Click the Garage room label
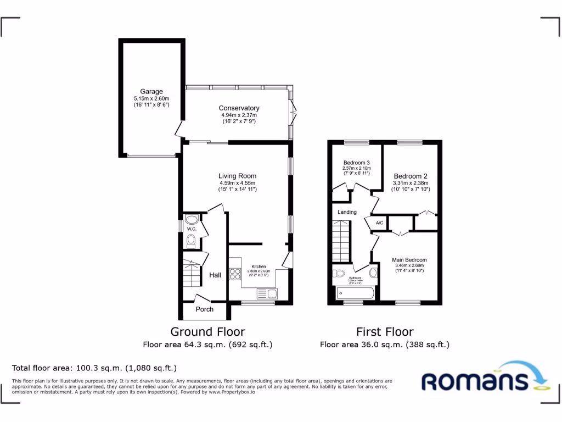(151, 92)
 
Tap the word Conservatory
(239, 108)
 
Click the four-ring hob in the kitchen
(235, 273)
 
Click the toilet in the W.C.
(191, 240)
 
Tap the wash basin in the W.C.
(190, 219)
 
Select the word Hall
(215, 275)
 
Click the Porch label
(204, 309)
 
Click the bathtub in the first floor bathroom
(354, 292)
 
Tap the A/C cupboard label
(379, 223)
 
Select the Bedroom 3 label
(356, 163)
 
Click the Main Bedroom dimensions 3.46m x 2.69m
(409, 266)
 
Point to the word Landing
(347, 212)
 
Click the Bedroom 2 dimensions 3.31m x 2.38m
(410, 183)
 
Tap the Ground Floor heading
(207, 331)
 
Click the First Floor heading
(385, 331)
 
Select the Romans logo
(481, 379)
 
